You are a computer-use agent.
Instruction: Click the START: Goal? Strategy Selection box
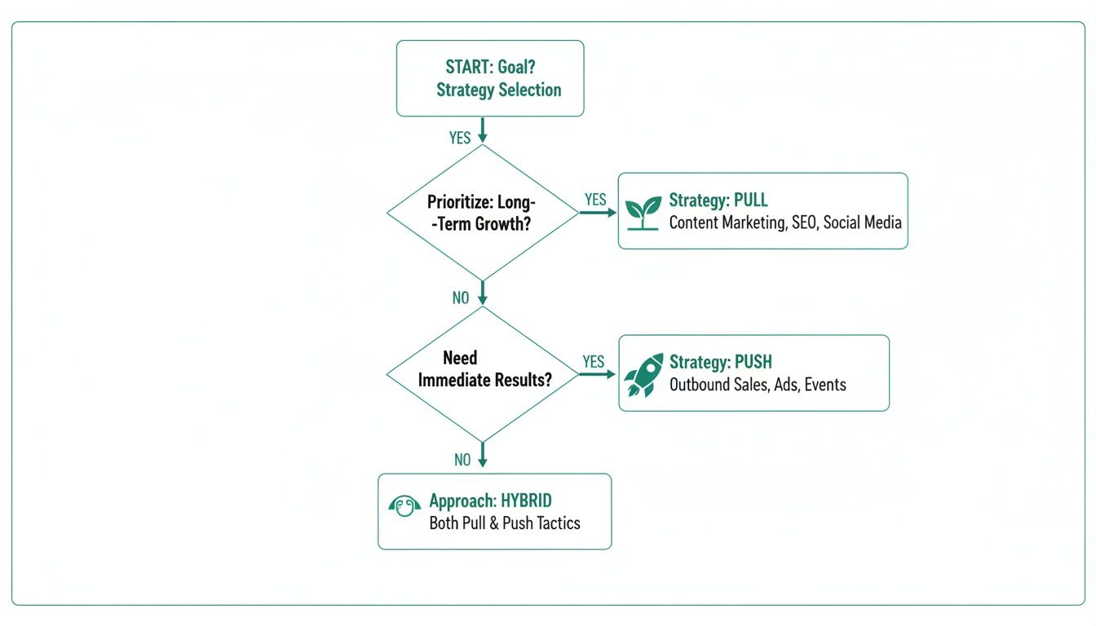click(490, 78)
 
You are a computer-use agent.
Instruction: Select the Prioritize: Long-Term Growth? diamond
click(482, 213)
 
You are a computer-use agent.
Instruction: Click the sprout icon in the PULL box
click(643, 212)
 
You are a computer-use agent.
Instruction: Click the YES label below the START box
click(460, 138)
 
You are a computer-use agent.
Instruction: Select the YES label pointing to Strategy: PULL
click(596, 200)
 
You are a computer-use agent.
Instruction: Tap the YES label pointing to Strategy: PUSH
click(594, 361)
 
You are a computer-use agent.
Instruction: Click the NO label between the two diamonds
click(461, 298)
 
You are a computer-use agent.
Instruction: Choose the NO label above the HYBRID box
click(462, 461)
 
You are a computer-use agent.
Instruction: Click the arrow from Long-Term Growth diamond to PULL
click(598, 213)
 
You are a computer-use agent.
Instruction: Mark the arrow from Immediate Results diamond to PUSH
click(598, 375)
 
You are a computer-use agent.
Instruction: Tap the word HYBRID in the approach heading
click(529, 500)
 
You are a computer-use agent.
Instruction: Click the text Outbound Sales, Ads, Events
click(758, 385)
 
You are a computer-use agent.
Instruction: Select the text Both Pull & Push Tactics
click(505, 523)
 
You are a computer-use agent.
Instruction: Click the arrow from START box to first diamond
click(482, 129)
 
